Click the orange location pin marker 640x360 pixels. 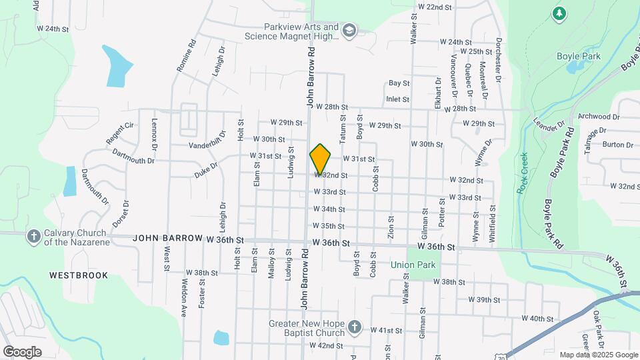[320, 159]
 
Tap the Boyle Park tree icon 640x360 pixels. [559, 13]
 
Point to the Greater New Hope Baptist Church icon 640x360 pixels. [355, 327]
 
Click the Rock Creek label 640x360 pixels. [523, 173]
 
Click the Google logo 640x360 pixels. [22, 351]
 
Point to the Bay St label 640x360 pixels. [399, 83]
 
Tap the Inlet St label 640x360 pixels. [397, 99]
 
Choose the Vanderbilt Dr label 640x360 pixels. [209, 145]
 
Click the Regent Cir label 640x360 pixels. [119, 133]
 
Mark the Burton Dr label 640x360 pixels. [617, 145]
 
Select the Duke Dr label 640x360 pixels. [206, 169]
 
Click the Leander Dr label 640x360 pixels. [549, 125]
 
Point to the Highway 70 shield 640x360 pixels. [511, 356]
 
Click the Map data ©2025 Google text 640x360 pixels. [598, 355]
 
